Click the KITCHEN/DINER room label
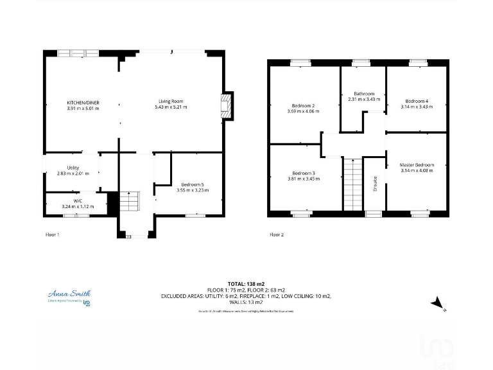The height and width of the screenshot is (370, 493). pyautogui.click(x=83, y=102)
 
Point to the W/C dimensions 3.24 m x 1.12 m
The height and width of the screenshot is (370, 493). pyautogui.click(x=78, y=207)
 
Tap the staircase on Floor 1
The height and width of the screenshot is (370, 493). pyautogui.click(x=130, y=202)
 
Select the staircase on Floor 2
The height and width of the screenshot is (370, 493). pyautogui.click(x=352, y=183)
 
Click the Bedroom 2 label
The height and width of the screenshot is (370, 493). pyautogui.click(x=303, y=105)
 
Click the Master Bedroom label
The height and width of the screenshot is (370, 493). pyautogui.click(x=417, y=165)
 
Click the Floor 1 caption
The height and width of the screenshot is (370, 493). pyautogui.click(x=52, y=235)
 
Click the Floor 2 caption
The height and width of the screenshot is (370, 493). pyautogui.click(x=276, y=235)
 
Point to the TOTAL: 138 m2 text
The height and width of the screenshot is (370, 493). pyautogui.click(x=246, y=283)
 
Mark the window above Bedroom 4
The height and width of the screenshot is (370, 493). pyautogui.click(x=417, y=62)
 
